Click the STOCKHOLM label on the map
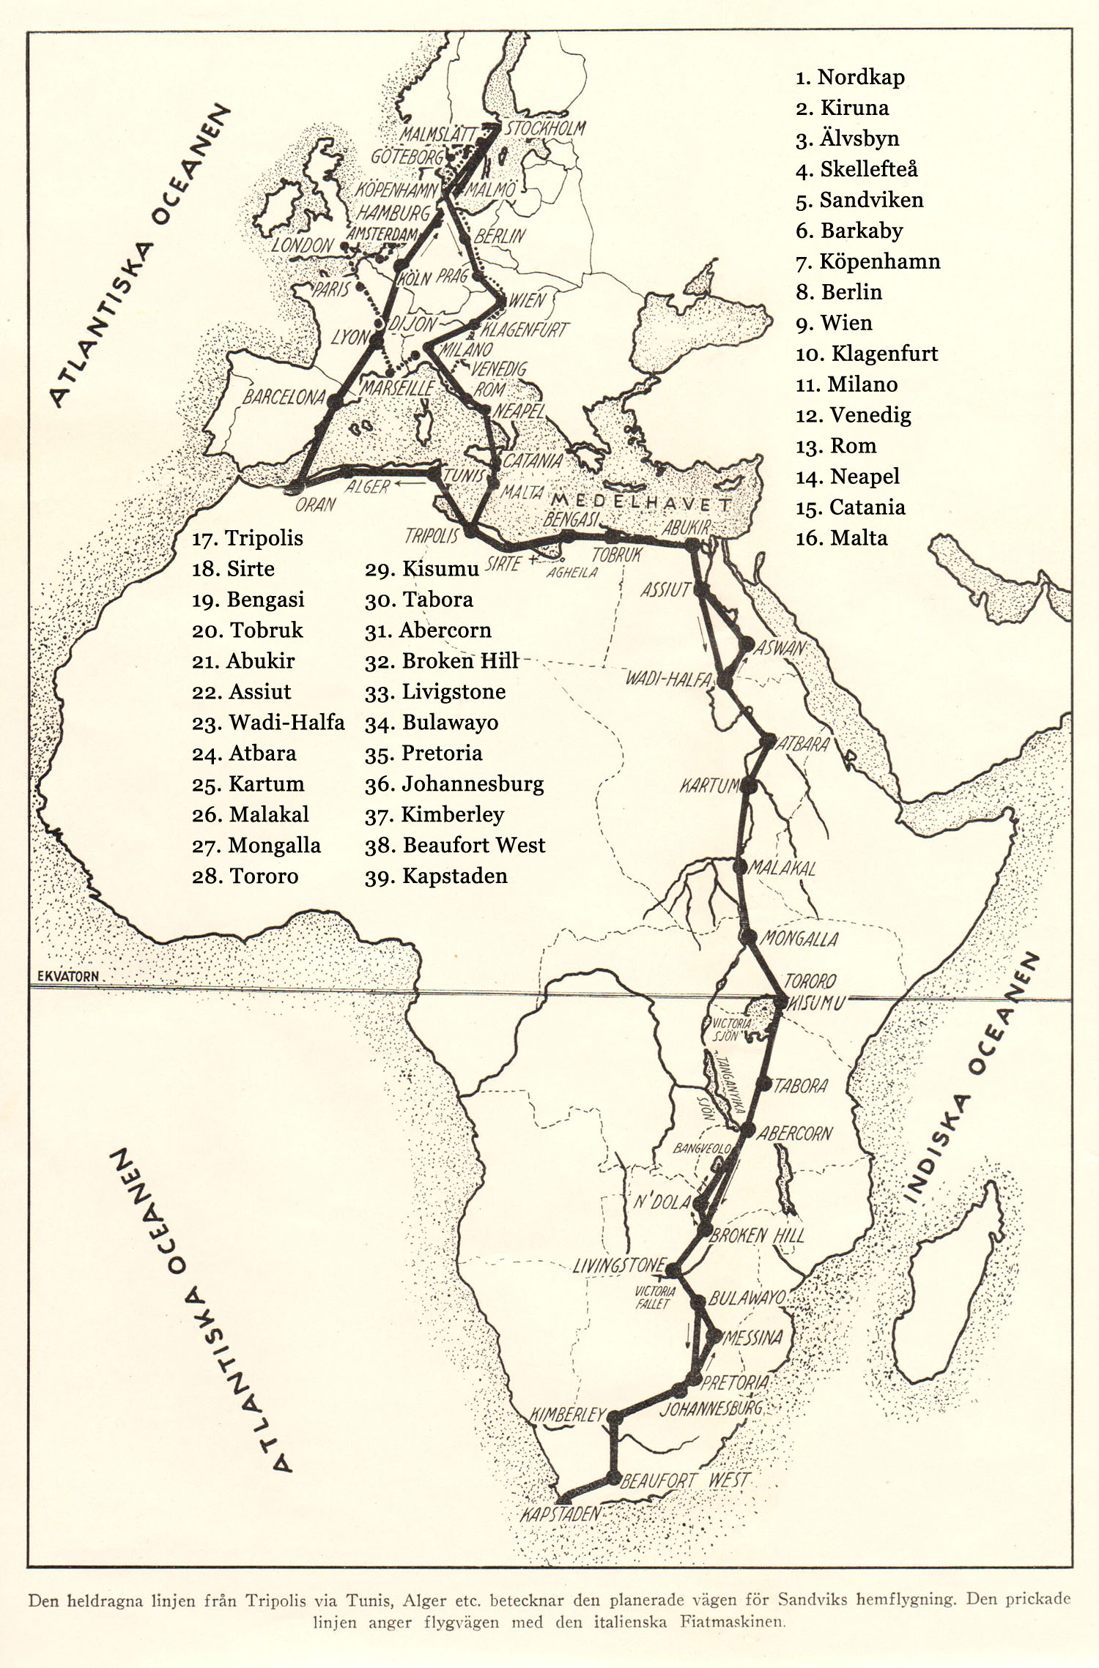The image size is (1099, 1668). coord(546,128)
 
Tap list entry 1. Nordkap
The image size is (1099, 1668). coord(850,77)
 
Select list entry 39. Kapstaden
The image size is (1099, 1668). coord(436,876)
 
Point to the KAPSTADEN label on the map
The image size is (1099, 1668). coord(560,1514)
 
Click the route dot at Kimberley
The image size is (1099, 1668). coord(615,1418)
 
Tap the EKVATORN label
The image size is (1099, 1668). coord(67,976)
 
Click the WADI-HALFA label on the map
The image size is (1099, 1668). coord(667,679)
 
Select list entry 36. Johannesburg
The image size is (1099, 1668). coord(454,784)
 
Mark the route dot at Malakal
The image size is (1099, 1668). coord(739,866)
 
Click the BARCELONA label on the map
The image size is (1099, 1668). coord(284,397)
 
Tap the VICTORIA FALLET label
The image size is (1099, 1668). coord(654,1297)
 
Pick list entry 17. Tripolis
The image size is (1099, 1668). coord(247,538)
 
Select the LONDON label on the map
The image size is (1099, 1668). coord(303,245)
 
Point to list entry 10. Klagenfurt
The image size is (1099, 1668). coord(867,354)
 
